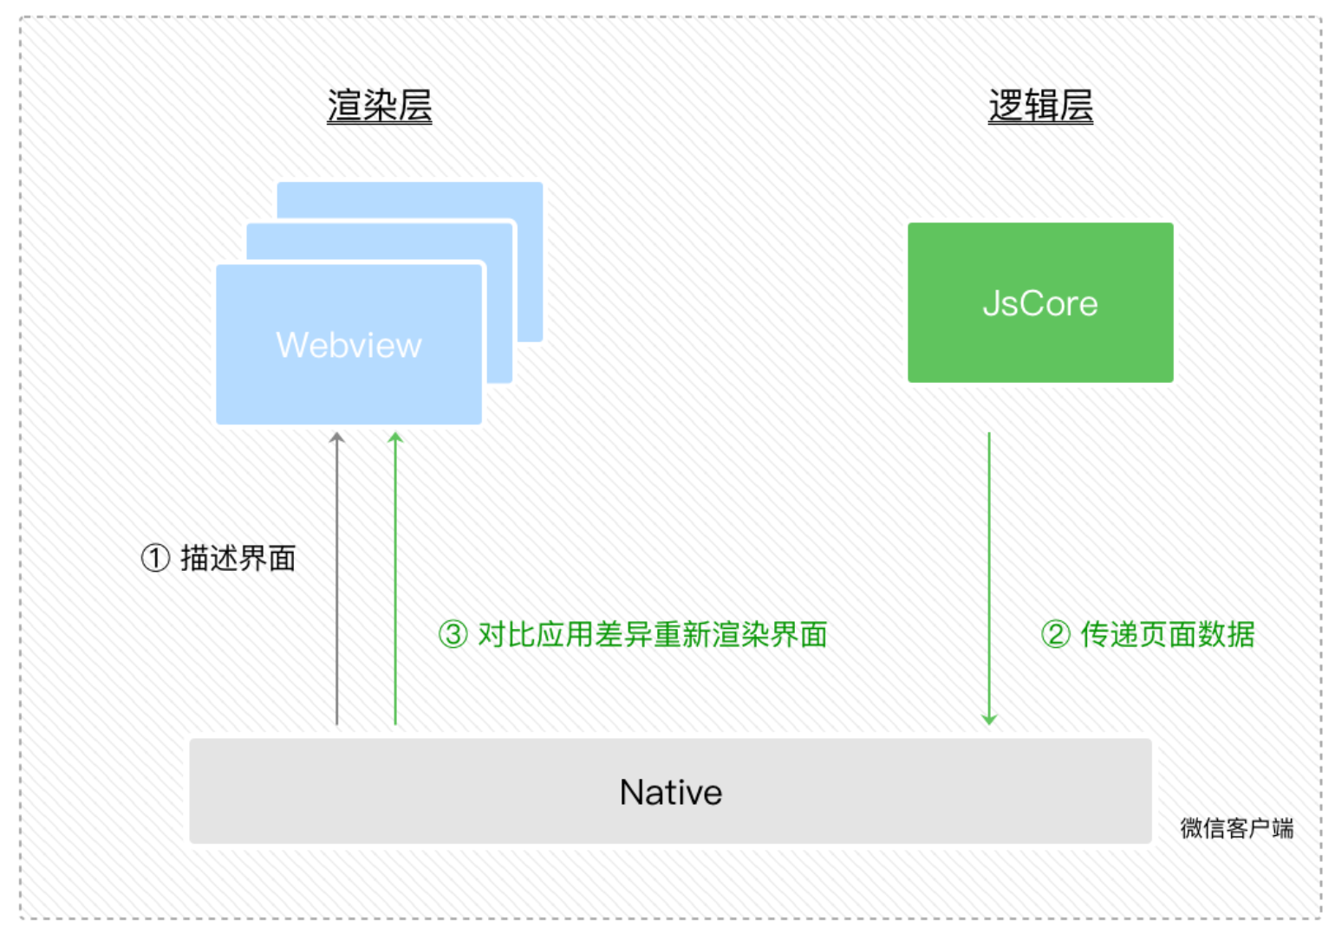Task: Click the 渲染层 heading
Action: click(379, 107)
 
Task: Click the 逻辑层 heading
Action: click(1040, 107)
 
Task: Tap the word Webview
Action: click(348, 345)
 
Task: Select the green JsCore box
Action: click(1040, 260)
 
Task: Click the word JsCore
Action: click(1040, 304)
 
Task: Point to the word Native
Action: click(670, 792)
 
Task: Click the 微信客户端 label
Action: click(1236, 828)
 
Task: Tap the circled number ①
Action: click(155, 558)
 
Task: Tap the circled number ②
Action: click(1055, 634)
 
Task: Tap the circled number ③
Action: click(453, 634)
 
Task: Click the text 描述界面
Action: click(238, 558)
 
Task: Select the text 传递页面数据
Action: click(1168, 634)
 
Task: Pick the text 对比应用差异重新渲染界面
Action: click(652, 634)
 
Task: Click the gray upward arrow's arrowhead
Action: click(337, 437)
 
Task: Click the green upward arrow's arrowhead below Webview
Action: click(395, 437)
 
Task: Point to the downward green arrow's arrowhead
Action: click(989, 718)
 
